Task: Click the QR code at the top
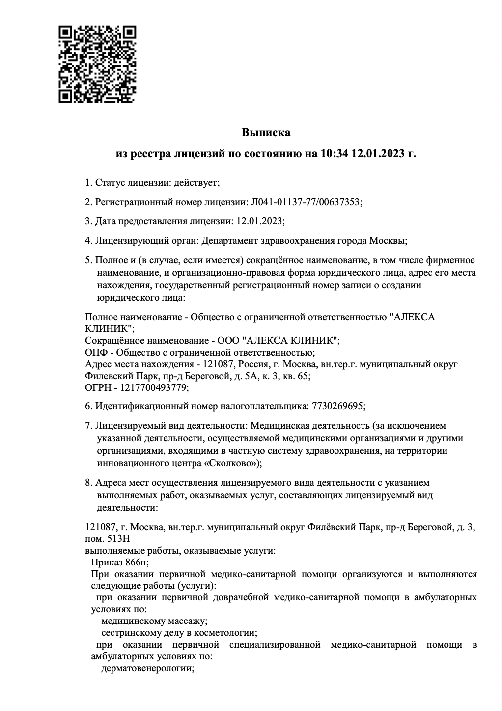97,64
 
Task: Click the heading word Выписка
266,133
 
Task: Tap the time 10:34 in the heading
334,154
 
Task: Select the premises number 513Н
120,538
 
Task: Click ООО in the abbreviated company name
229,340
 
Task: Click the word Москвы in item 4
390,241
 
